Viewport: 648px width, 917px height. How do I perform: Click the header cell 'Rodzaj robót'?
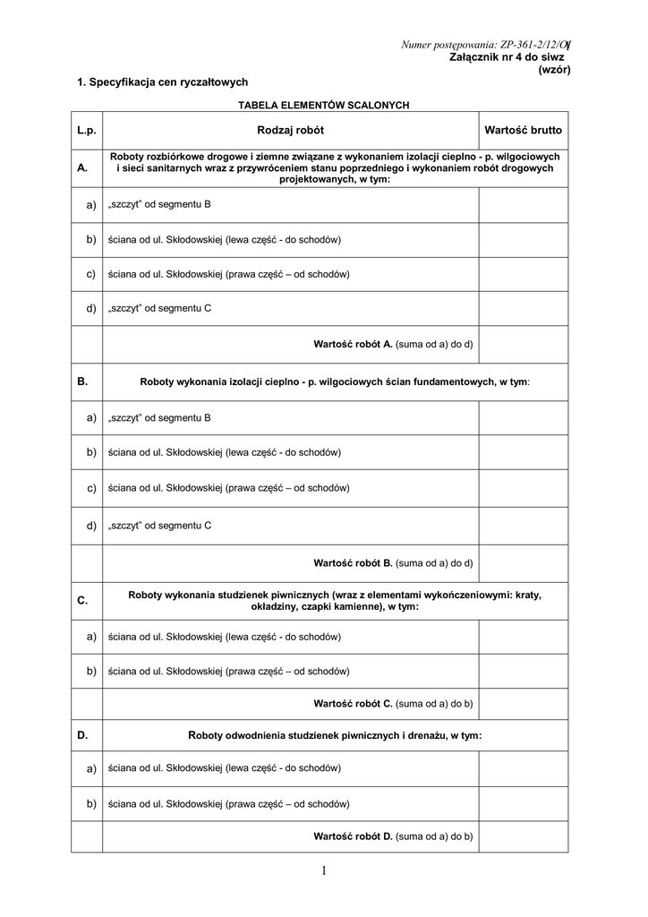click(291, 131)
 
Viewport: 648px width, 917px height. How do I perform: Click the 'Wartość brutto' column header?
click(523, 131)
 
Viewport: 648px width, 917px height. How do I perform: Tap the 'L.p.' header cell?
click(87, 131)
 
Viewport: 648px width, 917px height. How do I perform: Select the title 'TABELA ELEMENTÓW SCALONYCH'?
click(323, 105)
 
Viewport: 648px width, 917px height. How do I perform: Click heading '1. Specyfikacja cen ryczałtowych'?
click(162, 82)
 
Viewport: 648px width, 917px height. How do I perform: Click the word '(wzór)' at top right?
click(554, 69)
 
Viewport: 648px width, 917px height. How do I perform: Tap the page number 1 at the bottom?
click(323, 870)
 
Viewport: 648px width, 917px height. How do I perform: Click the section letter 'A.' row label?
click(83, 167)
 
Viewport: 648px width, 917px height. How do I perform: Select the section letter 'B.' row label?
click(83, 381)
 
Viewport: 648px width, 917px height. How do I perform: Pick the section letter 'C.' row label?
click(83, 601)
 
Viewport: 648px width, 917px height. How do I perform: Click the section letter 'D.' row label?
click(83, 735)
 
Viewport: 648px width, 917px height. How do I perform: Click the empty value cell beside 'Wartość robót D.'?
click(523, 836)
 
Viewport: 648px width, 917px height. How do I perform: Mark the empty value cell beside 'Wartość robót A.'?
click(523, 344)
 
